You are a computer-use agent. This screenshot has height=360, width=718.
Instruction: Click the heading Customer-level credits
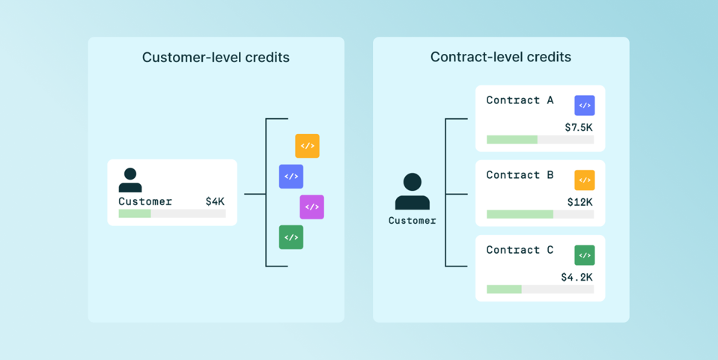point(216,58)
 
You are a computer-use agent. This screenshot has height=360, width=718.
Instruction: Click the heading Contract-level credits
point(500,57)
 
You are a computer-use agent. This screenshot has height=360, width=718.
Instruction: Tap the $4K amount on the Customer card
point(215,201)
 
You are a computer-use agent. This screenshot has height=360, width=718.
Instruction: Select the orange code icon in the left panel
point(307,146)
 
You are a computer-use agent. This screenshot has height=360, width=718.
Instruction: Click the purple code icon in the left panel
point(311,207)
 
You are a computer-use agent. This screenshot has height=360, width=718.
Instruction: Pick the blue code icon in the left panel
point(291,177)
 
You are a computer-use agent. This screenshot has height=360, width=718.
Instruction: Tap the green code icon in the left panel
point(291,237)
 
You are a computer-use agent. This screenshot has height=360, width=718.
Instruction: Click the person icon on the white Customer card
point(130,180)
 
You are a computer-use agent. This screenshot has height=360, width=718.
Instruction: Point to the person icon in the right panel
point(413,192)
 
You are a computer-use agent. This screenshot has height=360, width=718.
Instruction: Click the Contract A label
point(520,100)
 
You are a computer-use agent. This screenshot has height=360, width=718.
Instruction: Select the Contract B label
point(520,175)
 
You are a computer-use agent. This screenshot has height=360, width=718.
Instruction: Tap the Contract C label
point(520,250)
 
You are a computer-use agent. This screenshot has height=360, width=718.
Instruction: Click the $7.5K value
point(579,127)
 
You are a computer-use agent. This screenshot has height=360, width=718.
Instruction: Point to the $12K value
point(580,202)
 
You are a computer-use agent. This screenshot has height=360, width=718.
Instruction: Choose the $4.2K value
point(577,277)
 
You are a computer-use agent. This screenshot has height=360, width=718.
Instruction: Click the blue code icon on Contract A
point(585,106)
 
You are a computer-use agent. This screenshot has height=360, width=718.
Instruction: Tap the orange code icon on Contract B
point(585,180)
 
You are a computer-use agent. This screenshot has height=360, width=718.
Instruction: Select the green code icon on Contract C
point(585,255)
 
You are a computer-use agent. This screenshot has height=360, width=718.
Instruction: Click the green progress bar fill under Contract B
point(520,214)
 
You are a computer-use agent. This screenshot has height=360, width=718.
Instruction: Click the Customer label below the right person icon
point(413,221)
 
